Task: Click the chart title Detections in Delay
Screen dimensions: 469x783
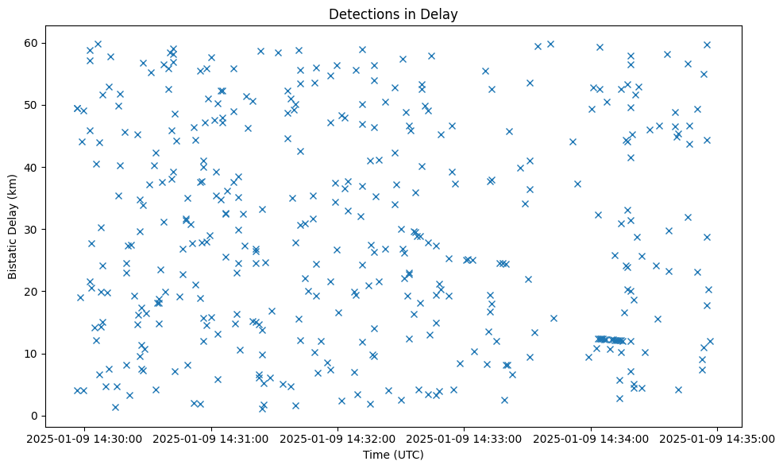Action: [x=393, y=14]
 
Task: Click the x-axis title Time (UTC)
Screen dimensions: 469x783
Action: [x=393, y=455]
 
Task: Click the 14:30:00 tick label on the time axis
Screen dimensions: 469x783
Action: [x=85, y=438]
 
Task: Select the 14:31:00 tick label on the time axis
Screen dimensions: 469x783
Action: [x=211, y=438]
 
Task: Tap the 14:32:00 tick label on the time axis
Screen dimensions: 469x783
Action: [x=338, y=438]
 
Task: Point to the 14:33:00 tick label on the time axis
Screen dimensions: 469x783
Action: [x=465, y=438]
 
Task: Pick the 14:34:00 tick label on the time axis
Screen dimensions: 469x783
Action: [x=592, y=438]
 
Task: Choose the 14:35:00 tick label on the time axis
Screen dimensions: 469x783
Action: [x=718, y=438]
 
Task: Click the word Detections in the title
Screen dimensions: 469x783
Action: [x=362, y=14]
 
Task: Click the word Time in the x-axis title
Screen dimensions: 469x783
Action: [x=376, y=455]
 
